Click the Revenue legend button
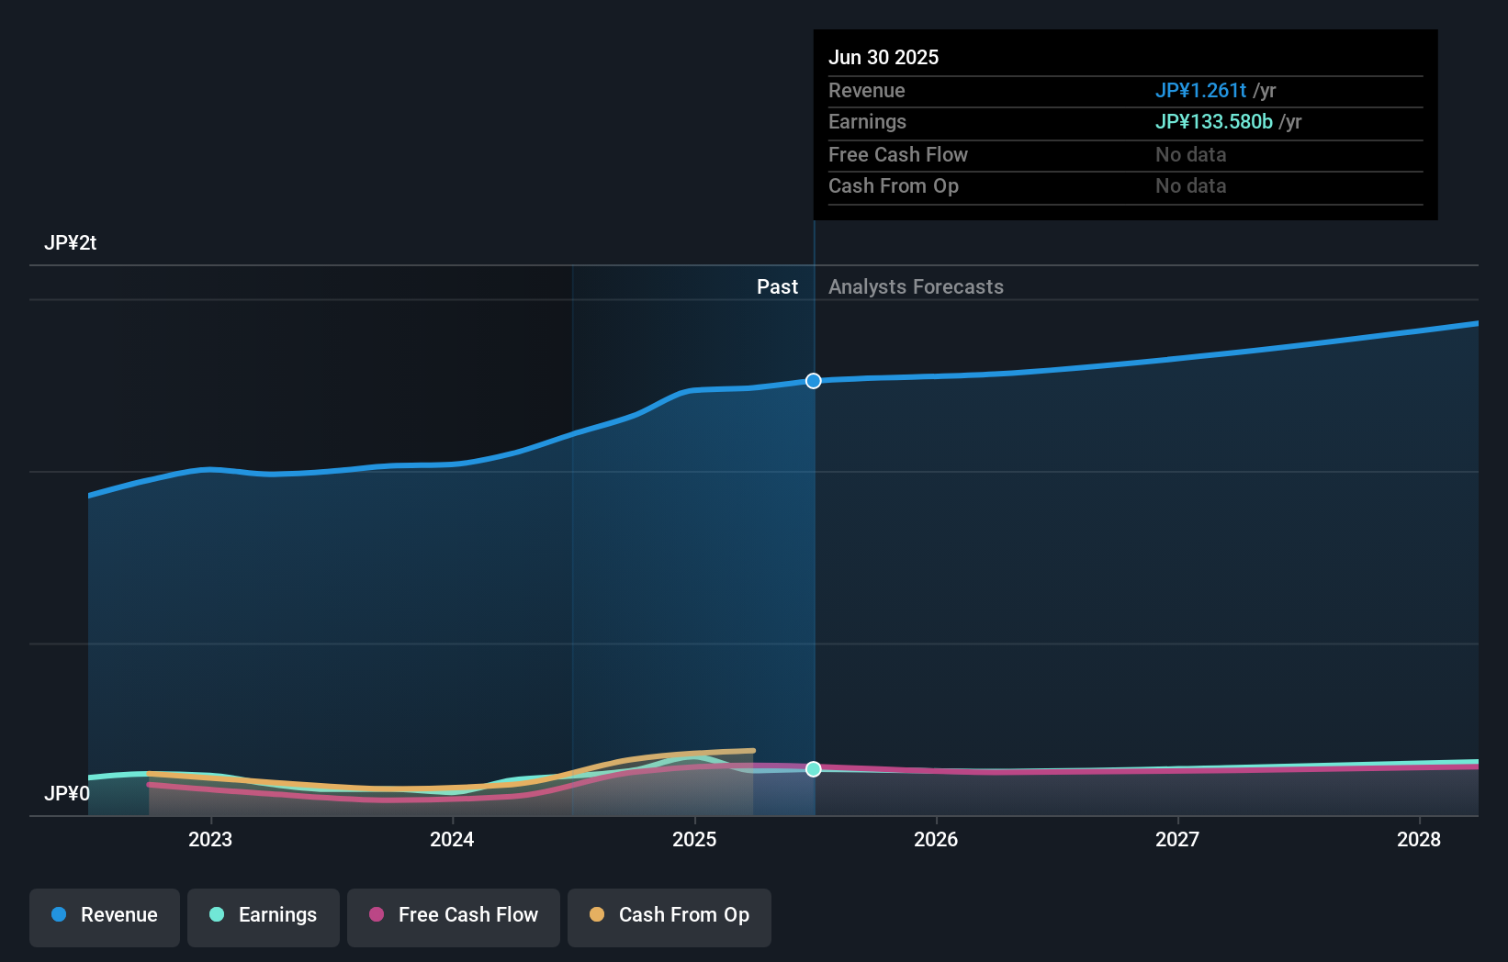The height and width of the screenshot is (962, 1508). click(105, 915)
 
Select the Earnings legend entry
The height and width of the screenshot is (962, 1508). click(264, 915)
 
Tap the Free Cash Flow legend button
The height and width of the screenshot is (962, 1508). click(454, 915)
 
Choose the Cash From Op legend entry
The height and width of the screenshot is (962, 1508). click(670, 915)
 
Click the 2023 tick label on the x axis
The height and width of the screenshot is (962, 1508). click(210, 839)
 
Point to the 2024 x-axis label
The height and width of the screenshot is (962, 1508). click(452, 839)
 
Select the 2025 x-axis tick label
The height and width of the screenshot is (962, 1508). click(694, 839)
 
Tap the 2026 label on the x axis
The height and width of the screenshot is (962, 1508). click(936, 839)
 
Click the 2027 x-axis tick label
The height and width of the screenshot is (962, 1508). click(1177, 839)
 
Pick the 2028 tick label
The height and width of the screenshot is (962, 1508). click(1419, 839)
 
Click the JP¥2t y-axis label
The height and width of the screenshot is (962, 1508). click(70, 243)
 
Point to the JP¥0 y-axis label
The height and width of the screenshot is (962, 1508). click(67, 794)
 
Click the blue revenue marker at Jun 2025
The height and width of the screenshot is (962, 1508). click(814, 381)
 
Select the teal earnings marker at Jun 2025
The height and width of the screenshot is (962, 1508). click(814, 769)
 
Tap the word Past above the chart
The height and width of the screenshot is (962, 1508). click(777, 287)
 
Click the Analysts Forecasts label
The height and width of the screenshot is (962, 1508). click(916, 287)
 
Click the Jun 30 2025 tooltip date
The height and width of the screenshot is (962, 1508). click(883, 58)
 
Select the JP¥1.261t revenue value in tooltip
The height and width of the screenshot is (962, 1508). click(1200, 91)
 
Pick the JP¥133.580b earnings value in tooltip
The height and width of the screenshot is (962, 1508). click(1213, 122)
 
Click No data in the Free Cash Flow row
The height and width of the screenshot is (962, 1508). click(1190, 155)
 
